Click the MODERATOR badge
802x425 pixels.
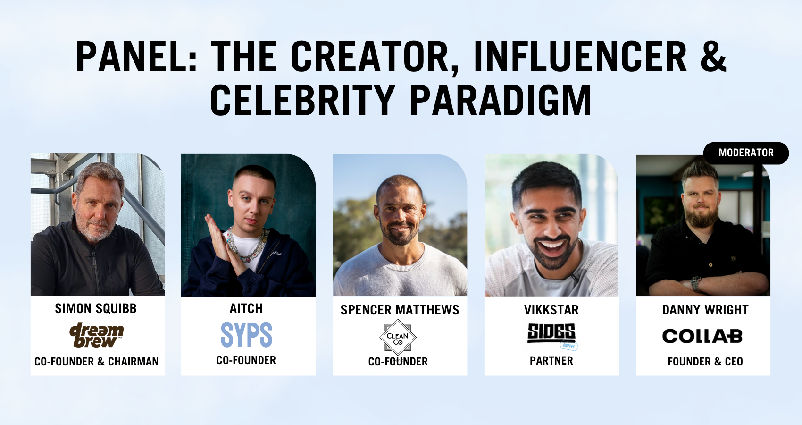tap(746, 153)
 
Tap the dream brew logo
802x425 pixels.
tap(96, 335)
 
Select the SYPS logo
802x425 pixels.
tap(246, 334)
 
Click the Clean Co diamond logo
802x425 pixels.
tap(398, 337)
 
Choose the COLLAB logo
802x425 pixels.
tap(702, 336)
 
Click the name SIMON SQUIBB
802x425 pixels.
tap(96, 308)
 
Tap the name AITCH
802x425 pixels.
tap(246, 308)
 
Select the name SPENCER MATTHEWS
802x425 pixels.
tap(400, 310)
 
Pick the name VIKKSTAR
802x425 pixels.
tap(551, 310)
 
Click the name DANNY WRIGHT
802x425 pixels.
tap(705, 310)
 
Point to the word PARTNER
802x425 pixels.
tap(551, 361)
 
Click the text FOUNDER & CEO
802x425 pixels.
tap(705, 362)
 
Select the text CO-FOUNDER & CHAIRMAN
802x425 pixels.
tap(96, 362)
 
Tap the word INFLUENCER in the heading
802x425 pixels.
tap(580, 56)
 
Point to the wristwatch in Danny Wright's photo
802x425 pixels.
tap(695, 283)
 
